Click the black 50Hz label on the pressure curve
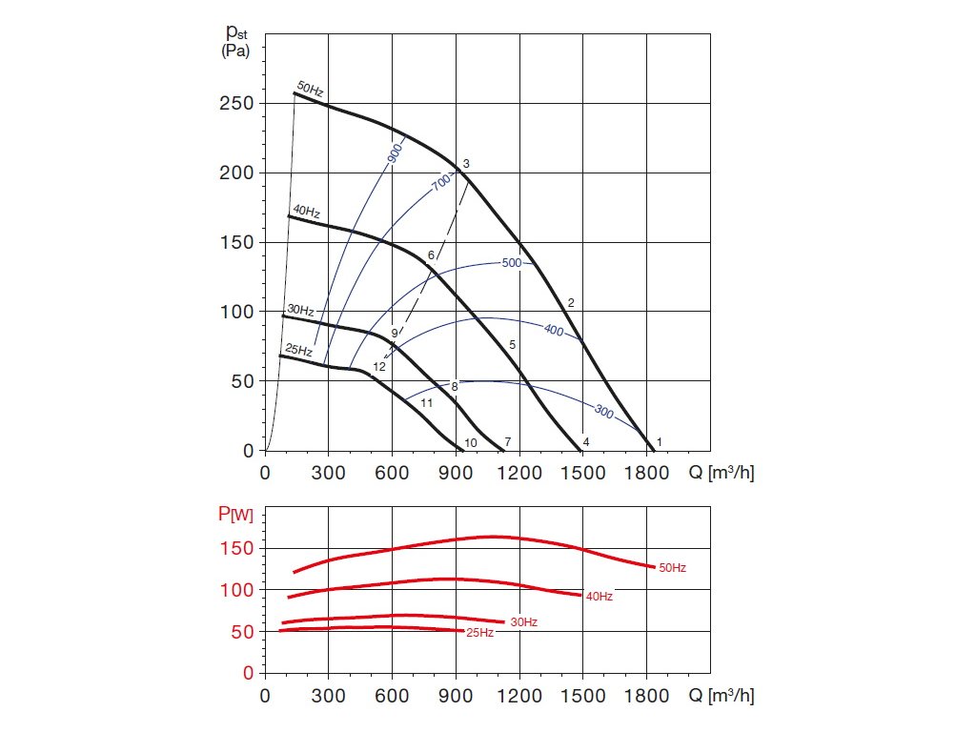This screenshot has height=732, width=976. [311, 90]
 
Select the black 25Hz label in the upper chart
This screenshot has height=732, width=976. [299, 350]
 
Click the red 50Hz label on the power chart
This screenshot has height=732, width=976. [671, 568]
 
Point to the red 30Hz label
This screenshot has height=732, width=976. [523, 622]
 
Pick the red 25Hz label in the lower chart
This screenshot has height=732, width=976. [479, 633]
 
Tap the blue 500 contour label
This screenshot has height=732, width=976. [512, 262]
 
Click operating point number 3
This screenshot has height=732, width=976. [466, 164]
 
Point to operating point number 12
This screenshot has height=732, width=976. [378, 366]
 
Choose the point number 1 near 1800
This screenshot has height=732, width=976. [660, 442]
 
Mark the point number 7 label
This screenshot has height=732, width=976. [508, 442]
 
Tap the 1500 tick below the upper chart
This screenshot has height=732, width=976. [582, 472]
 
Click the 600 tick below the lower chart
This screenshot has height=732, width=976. [392, 696]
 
